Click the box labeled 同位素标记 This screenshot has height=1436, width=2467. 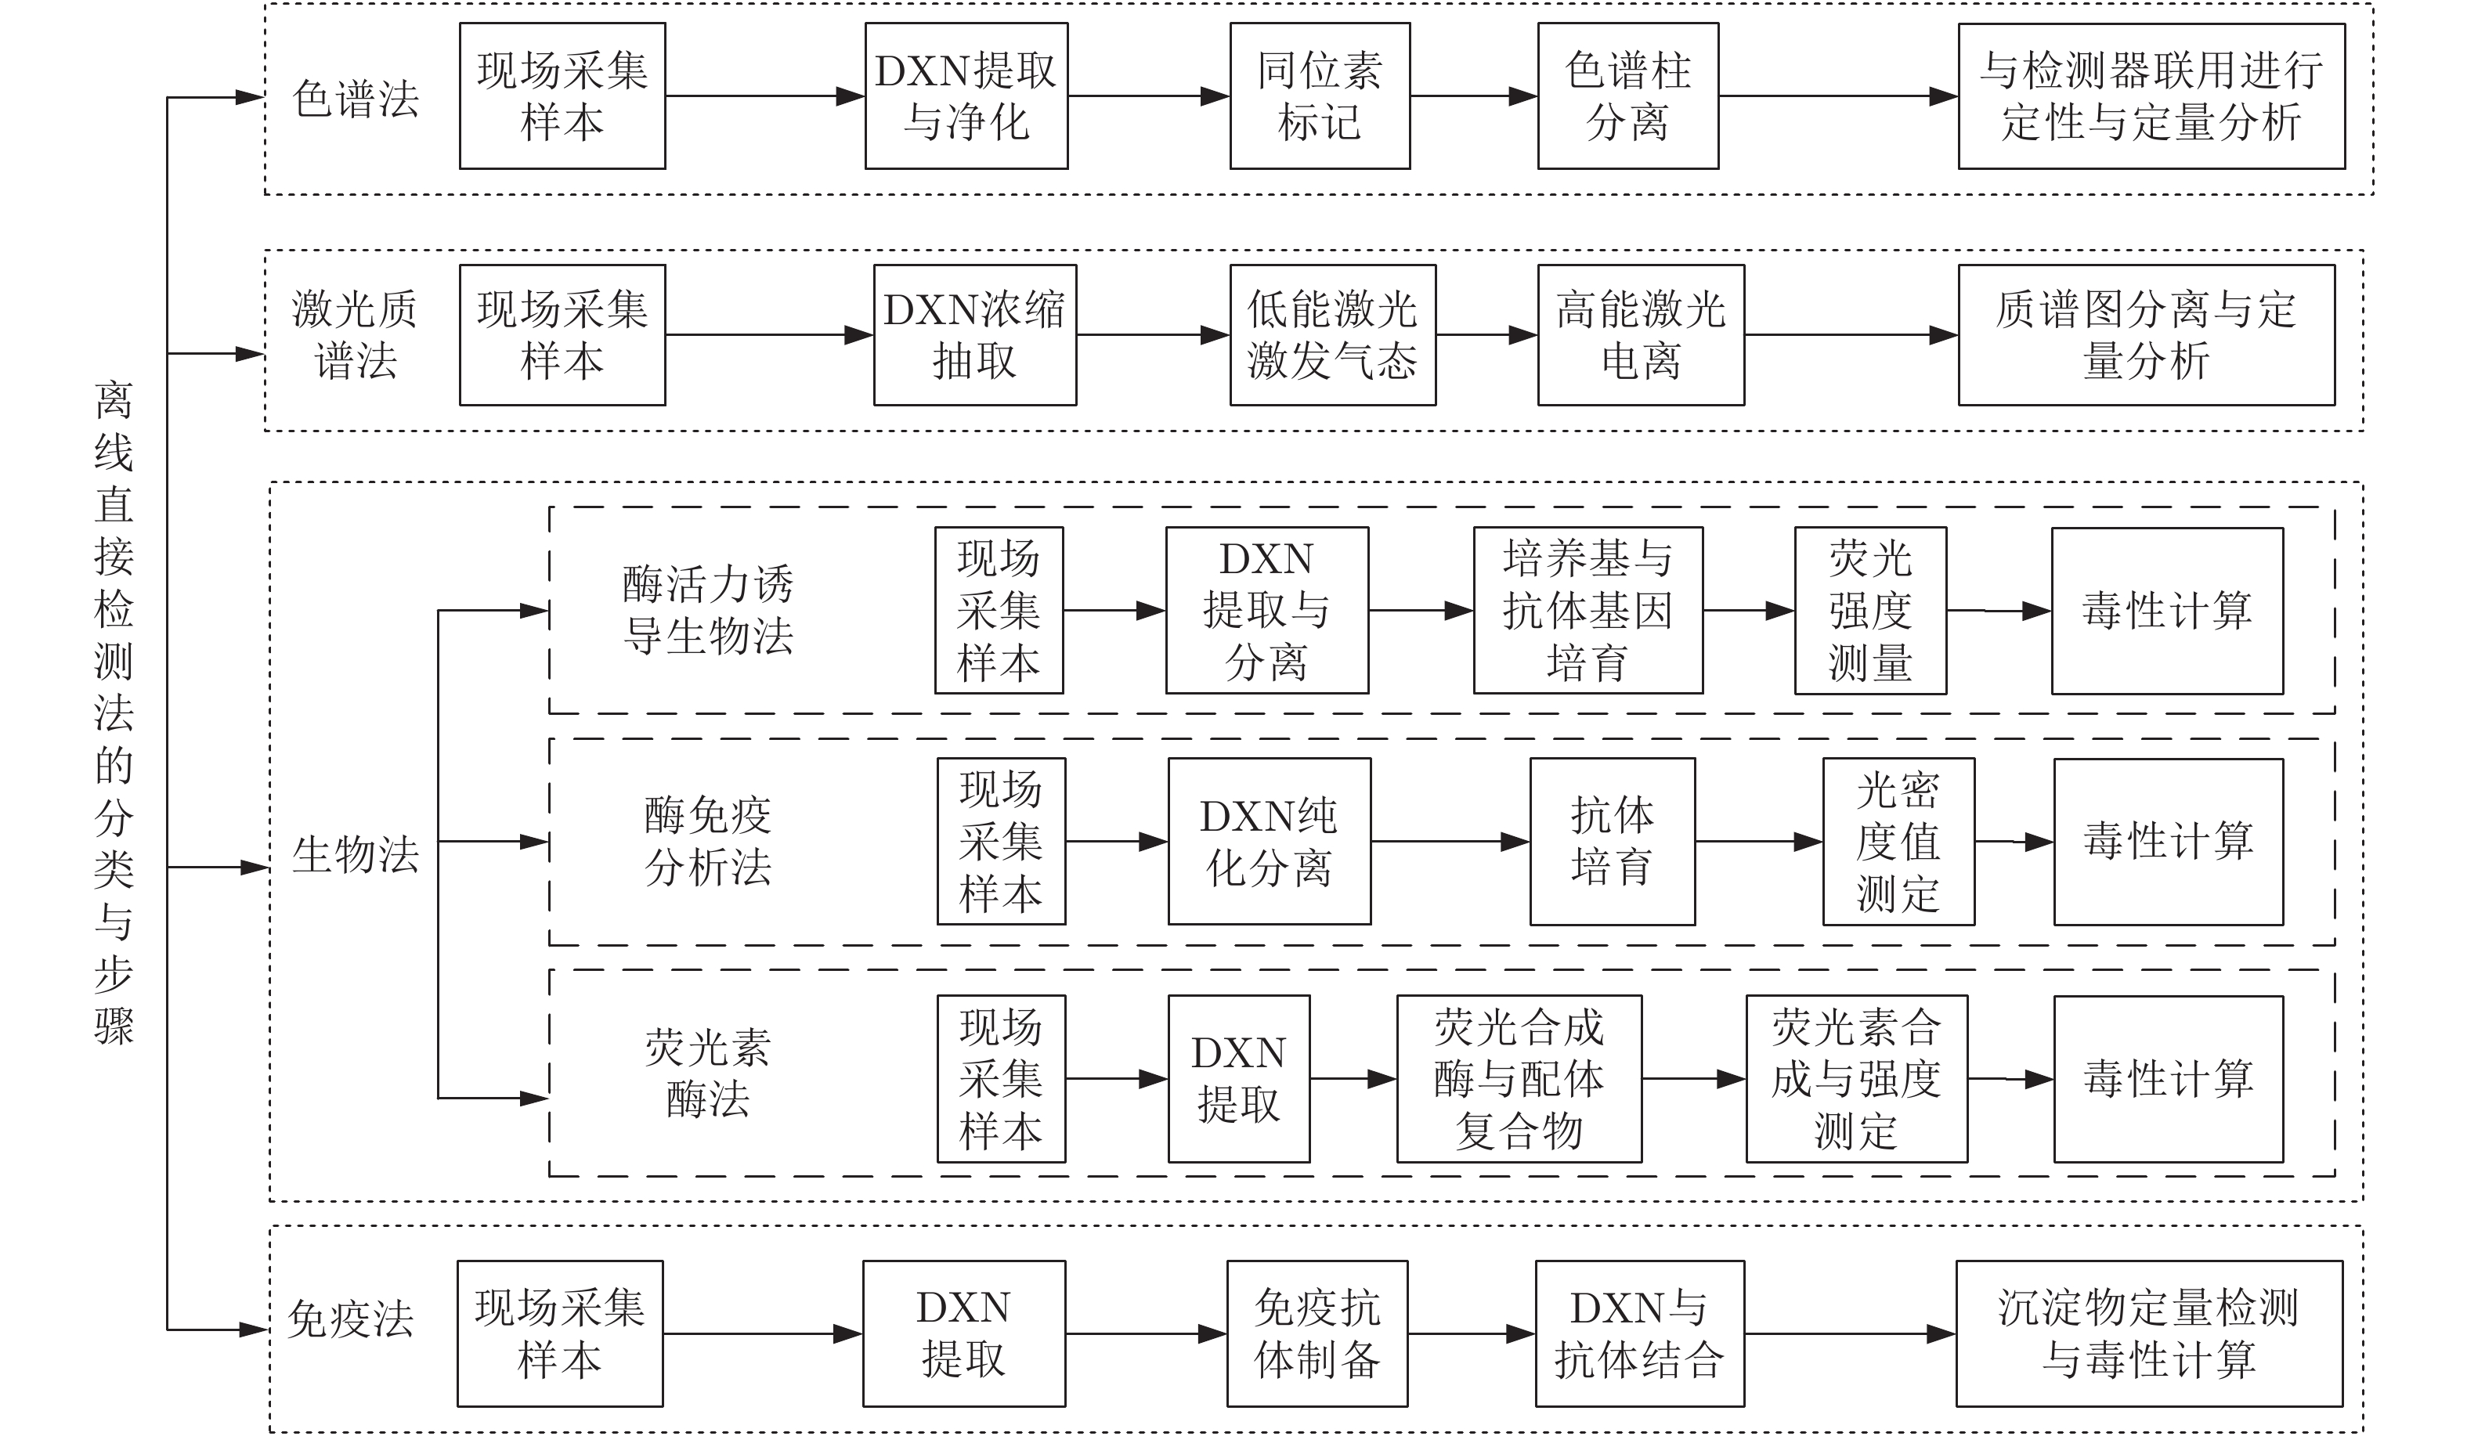pos(1319,96)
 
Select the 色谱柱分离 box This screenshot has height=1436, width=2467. pos(1627,96)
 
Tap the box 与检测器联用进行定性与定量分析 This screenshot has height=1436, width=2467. pos(2151,96)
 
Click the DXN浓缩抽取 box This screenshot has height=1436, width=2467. pos(974,335)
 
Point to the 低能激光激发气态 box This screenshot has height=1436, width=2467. pos(1331,335)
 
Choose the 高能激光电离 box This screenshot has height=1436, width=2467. pos(1640,335)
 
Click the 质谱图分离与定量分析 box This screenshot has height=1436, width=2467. pos(2146,335)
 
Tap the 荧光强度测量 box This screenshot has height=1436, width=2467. pos(1870,611)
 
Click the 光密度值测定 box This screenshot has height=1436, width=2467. pos(1897,842)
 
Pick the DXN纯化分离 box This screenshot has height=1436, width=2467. pos(1269,842)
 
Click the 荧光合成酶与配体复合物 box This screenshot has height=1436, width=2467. pos(1519,1079)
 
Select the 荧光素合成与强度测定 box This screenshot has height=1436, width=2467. pos(1856,1079)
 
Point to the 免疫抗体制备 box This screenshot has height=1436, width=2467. pos(1317,1333)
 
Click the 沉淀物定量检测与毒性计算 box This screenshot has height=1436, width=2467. pos(2149,1333)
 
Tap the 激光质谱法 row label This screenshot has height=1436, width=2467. pos(354,336)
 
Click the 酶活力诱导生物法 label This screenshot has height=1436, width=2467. pos(708,611)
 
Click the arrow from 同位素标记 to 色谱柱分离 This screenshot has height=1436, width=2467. pos(1473,96)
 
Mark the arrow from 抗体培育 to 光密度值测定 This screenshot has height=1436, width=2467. pos(1758,842)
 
